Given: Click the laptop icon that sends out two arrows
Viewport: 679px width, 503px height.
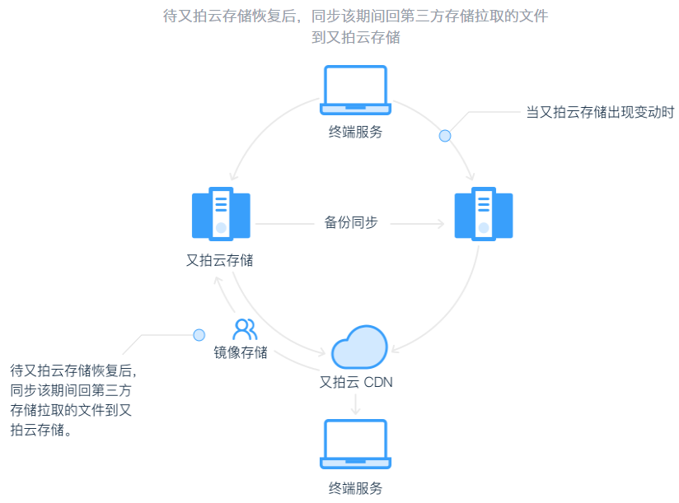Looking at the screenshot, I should click(355, 89).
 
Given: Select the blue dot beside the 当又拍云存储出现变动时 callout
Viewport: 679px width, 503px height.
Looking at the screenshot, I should click(445, 136).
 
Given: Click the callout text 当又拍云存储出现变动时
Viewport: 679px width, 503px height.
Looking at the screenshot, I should click(600, 112).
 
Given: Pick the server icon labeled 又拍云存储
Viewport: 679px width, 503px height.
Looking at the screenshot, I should click(220, 214).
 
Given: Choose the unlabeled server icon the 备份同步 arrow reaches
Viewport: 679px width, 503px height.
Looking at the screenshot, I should click(484, 214).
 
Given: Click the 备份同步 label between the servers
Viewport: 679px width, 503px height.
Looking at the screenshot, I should click(351, 222).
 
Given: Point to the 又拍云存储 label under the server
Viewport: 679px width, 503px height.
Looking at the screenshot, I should click(220, 261).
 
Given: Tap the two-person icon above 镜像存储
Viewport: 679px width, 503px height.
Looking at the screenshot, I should click(245, 329).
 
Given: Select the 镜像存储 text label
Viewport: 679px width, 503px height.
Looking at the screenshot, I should click(240, 353).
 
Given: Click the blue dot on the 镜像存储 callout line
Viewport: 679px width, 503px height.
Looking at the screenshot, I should click(199, 335).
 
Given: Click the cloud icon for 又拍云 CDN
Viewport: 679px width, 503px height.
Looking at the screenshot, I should click(359, 347).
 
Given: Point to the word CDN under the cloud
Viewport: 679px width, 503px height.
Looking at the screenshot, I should click(378, 382).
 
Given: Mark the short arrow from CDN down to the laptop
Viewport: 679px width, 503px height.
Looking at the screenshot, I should click(355, 404).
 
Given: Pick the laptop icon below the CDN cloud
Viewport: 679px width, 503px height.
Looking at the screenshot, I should click(355, 444).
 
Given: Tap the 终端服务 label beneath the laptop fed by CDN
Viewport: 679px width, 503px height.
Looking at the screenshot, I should click(355, 487).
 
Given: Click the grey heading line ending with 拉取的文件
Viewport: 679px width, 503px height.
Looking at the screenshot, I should click(355, 16).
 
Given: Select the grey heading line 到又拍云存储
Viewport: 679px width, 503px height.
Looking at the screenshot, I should click(355, 38).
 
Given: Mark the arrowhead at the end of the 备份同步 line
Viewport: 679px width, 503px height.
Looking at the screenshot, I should click(439, 223).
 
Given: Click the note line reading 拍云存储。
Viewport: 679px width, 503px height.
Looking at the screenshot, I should click(41, 430).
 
